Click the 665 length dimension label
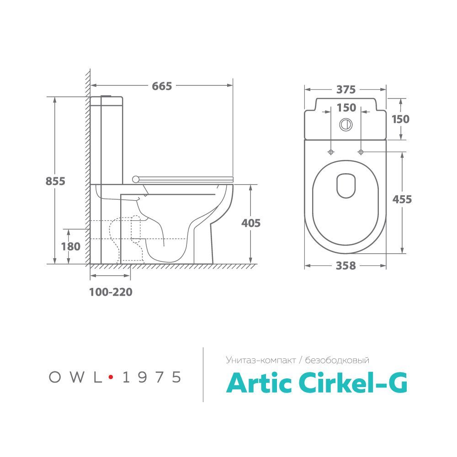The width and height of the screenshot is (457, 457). [x=162, y=86]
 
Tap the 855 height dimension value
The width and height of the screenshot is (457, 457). [x=55, y=181]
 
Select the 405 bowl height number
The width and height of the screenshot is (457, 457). [x=250, y=223]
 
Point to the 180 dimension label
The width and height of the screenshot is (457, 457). [x=70, y=247]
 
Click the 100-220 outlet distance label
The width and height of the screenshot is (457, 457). [x=111, y=292]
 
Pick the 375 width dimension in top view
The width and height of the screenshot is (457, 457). [x=346, y=90]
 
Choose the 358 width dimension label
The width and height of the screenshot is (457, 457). [x=345, y=266]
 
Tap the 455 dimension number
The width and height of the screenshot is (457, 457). [x=402, y=199]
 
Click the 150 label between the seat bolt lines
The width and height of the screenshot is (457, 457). [x=346, y=108]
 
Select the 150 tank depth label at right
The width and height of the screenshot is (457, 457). [x=400, y=119]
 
